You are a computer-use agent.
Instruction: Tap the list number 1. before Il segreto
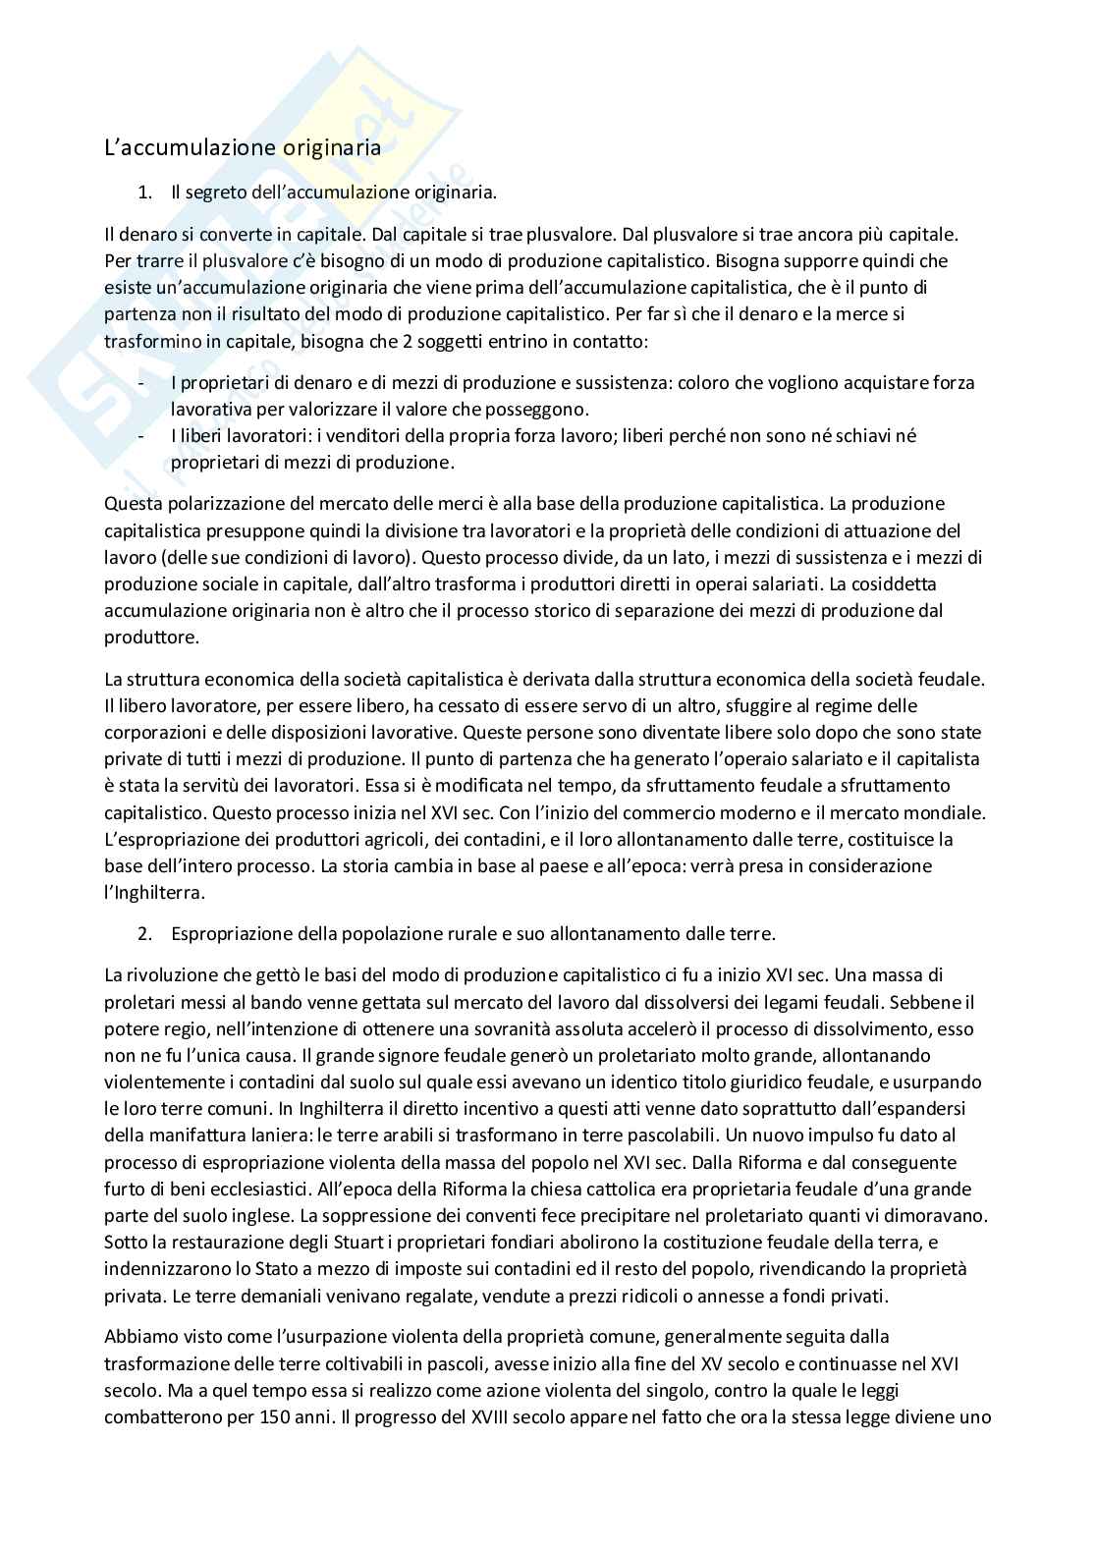(145, 193)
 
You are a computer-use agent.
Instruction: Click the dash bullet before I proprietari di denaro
(143, 382)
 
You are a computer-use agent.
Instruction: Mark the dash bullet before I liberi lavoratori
(143, 435)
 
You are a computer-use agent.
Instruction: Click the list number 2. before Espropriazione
(145, 933)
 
